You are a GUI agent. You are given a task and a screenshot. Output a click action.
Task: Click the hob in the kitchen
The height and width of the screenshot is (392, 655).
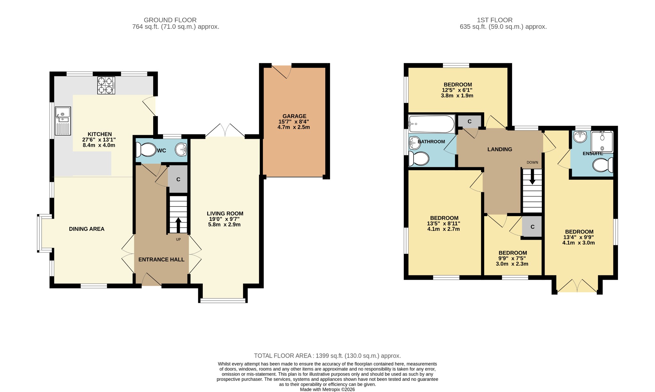(106, 85)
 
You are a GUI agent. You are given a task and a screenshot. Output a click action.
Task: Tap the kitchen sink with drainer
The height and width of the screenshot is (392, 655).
(63, 121)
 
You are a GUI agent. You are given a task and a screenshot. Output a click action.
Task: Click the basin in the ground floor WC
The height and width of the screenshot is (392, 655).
(182, 149)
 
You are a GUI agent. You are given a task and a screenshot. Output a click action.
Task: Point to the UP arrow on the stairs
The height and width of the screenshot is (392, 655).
(178, 225)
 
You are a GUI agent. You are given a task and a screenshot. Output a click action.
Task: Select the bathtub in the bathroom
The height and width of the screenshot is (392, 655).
(431, 124)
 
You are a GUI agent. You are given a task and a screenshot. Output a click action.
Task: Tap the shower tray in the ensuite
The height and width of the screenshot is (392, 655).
(602, 141)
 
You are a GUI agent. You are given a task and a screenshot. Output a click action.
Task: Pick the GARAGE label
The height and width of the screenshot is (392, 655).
(294, 116)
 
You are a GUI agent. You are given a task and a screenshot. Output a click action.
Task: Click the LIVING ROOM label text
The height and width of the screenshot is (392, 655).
(225, 214)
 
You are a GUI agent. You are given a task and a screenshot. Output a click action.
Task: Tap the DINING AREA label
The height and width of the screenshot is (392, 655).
(87, 229)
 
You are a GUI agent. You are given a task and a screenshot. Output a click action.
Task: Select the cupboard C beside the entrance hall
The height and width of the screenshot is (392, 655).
(178, 179)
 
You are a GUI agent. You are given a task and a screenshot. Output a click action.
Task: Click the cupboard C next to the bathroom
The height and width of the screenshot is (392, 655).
(470, 122)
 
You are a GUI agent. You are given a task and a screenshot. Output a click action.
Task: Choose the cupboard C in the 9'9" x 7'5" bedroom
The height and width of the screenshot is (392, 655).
(532, 227)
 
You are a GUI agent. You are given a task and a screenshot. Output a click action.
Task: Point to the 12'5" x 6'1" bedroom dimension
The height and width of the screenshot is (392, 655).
(457, 90)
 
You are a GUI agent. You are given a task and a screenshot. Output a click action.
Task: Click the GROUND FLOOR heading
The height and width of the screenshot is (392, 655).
(170, 20)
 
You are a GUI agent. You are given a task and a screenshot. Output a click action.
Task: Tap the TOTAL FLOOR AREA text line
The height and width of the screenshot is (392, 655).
(327, 356)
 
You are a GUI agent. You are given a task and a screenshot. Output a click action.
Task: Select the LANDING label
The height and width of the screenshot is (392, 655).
(500, 149)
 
